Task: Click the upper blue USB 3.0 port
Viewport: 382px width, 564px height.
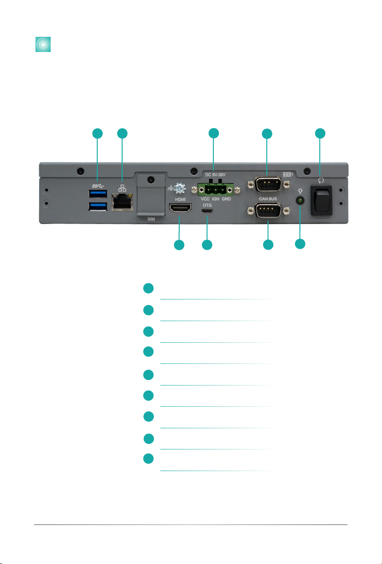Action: (x=98, y=194)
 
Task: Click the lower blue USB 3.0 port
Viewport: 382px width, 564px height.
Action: (x=98, y=206)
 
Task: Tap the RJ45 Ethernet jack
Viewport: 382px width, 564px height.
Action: (x=122, y=202)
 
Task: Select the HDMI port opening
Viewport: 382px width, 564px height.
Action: (x=180, y=208)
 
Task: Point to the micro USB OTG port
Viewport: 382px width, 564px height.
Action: (x=207, y=211)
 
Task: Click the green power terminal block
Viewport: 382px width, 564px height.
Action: (x=215, y=190)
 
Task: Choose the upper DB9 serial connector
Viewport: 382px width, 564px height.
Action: (x=268, y=184)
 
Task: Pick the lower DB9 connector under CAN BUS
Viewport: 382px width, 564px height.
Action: (x=268, y=211)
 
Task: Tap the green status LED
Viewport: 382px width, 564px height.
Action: (x=300, y=201)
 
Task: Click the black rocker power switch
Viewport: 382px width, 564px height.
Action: (x=322, y=201)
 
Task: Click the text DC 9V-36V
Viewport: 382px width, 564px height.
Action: (x=215, y=175)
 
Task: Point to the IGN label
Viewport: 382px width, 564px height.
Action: (x=216, y=199)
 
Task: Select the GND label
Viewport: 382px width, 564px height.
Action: (x=226, y=199)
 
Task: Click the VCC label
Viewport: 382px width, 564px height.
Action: (x=205, y=199)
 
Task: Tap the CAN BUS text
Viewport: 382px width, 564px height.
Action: (x=268, y=199)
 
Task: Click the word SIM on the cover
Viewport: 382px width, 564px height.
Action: (x=151, y=219)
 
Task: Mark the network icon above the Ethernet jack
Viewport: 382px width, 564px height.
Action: (x=122, y=188)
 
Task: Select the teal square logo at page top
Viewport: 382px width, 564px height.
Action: (x=43, y=44)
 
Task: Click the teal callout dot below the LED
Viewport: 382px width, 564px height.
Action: (x=300, y=244)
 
